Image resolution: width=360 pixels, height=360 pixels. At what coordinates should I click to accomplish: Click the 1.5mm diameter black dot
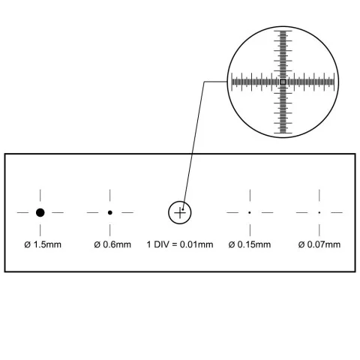40,212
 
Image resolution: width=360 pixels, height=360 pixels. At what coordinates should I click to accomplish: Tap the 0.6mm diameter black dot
110,212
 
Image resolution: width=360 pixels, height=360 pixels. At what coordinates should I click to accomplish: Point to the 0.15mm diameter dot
250,212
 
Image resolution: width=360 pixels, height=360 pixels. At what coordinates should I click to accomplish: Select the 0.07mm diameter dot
319,212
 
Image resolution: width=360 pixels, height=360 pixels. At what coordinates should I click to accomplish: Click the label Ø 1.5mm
43,244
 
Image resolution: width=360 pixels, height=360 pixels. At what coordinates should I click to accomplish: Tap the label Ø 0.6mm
112,244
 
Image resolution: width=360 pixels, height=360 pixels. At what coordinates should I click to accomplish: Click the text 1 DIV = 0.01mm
180,244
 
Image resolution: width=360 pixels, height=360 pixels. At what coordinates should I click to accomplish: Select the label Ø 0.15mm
250,244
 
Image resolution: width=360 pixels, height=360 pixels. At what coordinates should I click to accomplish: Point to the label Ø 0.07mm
319,244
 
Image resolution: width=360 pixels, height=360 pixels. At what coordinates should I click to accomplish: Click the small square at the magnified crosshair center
283,82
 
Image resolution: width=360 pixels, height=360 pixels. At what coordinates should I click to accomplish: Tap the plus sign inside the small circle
180,213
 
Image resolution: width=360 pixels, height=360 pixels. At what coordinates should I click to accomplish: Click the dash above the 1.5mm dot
40,195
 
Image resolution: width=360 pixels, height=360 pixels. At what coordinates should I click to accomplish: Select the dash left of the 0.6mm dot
93,213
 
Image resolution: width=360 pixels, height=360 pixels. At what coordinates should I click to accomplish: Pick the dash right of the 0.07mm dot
337,213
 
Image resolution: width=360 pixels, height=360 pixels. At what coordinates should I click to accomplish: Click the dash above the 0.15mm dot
250,195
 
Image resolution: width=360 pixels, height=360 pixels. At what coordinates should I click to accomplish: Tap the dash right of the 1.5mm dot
58,213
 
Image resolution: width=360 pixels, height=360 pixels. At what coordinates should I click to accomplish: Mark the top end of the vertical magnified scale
283,31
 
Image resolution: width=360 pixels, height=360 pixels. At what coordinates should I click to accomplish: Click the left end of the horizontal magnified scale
232,82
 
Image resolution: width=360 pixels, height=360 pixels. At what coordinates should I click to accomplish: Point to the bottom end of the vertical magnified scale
283,133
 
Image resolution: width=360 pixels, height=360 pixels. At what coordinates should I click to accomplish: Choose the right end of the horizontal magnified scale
334,82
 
